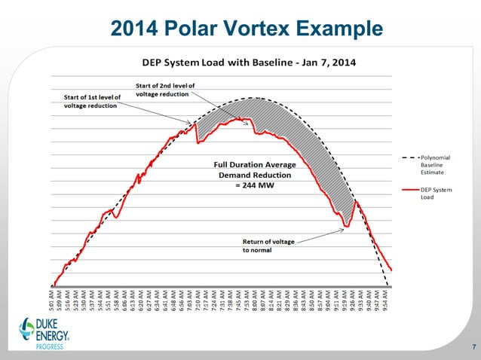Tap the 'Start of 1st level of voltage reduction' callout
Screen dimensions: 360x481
pyautogui.click(x=90, y=102)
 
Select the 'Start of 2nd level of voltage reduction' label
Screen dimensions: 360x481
pyautogui.click(x=165, y=90)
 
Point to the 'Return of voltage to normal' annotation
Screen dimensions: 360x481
pyautogui.click(x=268, y=246)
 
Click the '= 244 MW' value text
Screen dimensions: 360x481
pyautogui.click(x=253, y=185)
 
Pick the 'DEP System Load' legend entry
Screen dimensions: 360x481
pyautogui.click(x=436, y=194)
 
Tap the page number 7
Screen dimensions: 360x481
pyautogui.click(x=473, y=346)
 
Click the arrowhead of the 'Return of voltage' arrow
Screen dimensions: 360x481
pyautogui.click(x=345, y=230)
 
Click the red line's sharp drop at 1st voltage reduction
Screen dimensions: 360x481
pyautogui.click(x=197, y=136)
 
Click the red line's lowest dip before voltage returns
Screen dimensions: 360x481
pyautogui.click(x=345, y=225)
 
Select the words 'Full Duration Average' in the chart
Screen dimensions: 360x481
pyautogui.click(x=254, y=164)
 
